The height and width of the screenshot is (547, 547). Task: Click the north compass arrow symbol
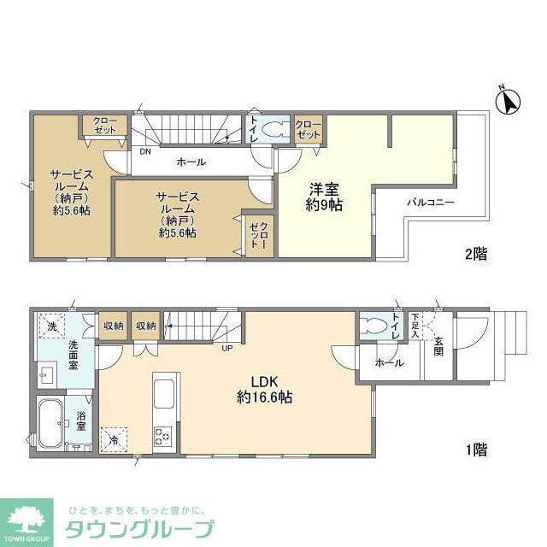pyautogui.click(x=509, y=102)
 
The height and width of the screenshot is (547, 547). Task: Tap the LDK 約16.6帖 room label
pyautogui.click(x=266, y=389)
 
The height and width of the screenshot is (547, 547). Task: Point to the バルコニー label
pyautogui.click(x=429, y=203)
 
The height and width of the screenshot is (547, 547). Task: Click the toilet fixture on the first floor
pyautogui.click(x=375, y=327)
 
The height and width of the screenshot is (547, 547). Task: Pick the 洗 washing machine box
pyautogui.click(x=51, y=326)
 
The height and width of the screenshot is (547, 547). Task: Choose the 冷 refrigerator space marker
pyautogui.click(x=113, y=439)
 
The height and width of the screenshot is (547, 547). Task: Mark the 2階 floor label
pyautogui.click(x=475, y=254)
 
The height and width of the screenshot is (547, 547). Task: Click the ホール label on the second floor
pyautogui.click(x=191, y=162)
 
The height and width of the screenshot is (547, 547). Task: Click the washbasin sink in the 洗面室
pyautogui.click(x=46, y=373)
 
